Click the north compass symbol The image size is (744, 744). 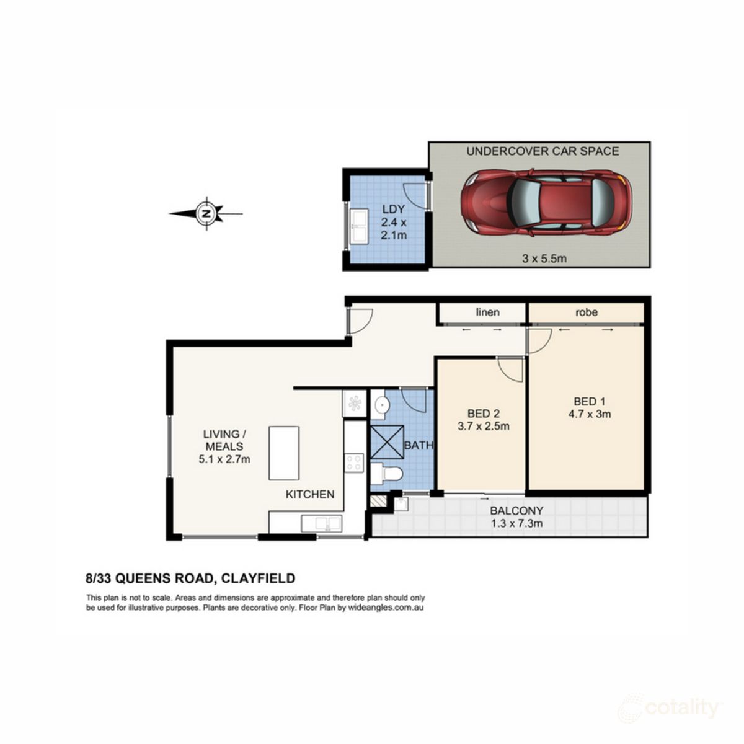[206, 214]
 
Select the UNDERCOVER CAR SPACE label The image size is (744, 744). [542, 151]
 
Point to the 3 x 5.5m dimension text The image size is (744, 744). [544, 259]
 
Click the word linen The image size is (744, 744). [487, 312]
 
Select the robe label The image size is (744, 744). [586, 312]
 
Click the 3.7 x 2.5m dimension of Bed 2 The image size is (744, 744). [483, 426]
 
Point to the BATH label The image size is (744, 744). [418, 445]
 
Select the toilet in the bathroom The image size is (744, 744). [387, 475]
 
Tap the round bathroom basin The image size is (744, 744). [382, 406]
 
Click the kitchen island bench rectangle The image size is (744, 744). [284, 453]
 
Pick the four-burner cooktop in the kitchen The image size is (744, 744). [354, 463]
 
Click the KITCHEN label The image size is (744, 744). [310, 494]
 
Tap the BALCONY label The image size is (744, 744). [516, 511]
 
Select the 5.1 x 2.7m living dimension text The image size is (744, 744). [224, 459]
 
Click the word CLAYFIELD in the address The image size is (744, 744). [257, 578]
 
